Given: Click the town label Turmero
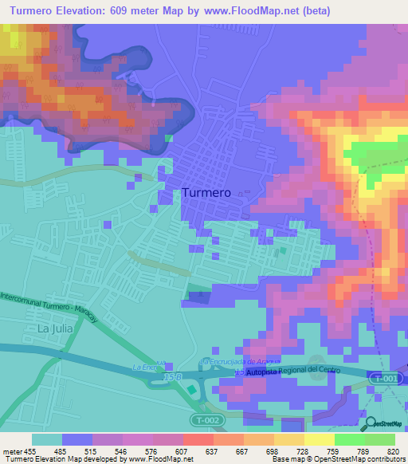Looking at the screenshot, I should tap(206, 193).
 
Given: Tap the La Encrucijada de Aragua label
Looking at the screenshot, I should tap(240, 361).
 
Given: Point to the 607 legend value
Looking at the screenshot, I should tap(182, 451).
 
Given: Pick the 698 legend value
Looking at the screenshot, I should tap(273, 451).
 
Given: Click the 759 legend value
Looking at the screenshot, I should tap(334, 451).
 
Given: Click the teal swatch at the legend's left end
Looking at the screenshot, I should tap(46, 439).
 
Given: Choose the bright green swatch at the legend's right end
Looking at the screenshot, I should tap(379, 439).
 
